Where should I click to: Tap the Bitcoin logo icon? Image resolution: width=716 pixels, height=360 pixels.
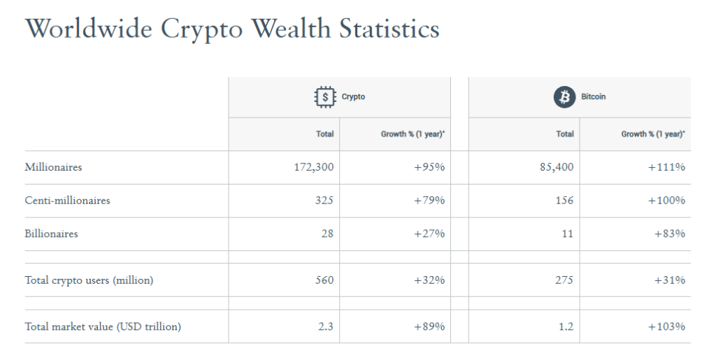[564, 96]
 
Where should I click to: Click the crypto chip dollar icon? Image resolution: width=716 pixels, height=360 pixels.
[324, 96]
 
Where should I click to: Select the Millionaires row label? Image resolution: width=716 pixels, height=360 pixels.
[53, 167]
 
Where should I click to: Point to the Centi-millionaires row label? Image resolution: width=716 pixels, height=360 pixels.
[67, 201]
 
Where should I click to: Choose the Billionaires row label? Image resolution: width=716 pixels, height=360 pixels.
[51, 234]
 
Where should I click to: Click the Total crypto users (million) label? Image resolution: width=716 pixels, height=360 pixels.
[89, 280]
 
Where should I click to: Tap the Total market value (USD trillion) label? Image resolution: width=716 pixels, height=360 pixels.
[103, 326]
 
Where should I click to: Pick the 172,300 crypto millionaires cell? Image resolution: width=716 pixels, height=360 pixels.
[310, 167]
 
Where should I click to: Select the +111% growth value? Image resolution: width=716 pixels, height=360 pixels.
[666, 167]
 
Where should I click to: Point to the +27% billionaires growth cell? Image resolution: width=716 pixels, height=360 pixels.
[429, 234]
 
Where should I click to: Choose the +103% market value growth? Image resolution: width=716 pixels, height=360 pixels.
[666, 326]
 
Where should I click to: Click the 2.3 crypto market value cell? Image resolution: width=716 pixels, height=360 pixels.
[326, 326]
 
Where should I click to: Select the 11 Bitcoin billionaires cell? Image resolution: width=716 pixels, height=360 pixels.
[567, 234]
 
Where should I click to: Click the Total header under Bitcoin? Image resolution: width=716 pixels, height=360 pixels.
[565, 134]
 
